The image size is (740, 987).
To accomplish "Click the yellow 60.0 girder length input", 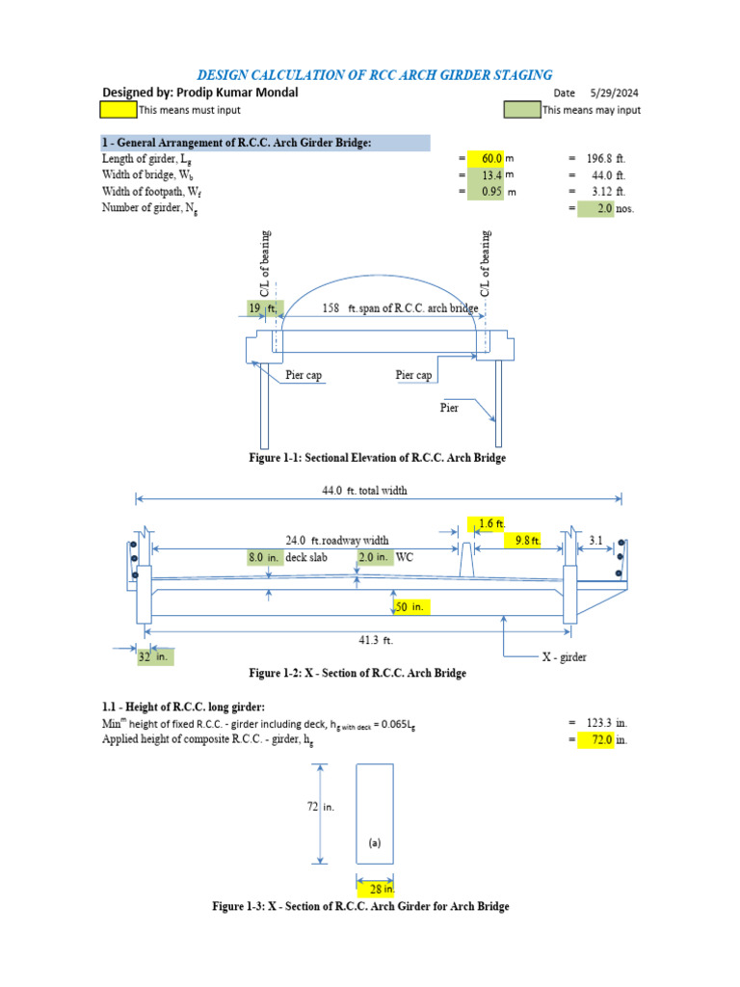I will (487, 159).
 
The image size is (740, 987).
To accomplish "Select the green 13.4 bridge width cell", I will (487, 175).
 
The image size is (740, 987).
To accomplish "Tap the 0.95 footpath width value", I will (487, 192).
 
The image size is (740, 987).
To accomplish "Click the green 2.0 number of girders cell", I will (596, 208).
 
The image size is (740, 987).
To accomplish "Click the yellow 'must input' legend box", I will (119, 110).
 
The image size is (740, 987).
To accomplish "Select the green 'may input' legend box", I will (521, 110).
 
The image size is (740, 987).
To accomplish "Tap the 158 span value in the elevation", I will (331, 308).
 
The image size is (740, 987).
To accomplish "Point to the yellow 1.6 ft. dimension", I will (485, 523).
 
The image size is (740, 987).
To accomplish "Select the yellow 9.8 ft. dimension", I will (523, 541).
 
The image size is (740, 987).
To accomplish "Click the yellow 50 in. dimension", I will (411, 607).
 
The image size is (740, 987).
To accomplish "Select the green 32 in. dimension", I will (155, 655).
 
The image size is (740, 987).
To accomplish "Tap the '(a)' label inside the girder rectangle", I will (375, 841).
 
